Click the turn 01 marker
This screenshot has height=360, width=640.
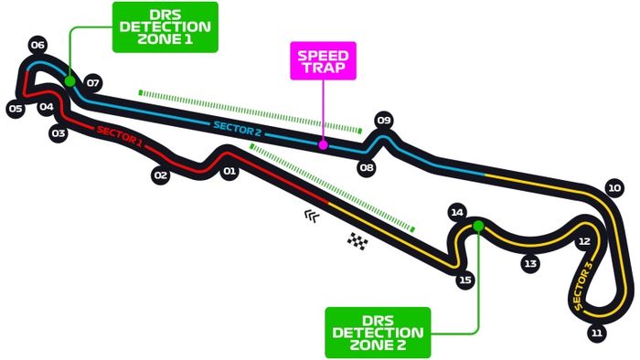point(229,171)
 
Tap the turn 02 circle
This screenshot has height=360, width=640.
point(161,175)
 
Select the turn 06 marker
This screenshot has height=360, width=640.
point(37,44)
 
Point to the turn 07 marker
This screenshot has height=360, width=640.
point(92,83)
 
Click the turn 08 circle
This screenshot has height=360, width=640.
point(367,168)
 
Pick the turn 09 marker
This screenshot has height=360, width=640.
point(384,120)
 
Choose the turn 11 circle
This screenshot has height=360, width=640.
point(597,333)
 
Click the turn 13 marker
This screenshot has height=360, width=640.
point(529,263)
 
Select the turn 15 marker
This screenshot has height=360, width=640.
point(465,281)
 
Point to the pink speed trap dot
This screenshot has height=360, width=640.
point(322,143)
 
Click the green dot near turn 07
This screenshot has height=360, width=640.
point(69,80)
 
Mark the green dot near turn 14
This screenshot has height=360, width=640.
point(477,224)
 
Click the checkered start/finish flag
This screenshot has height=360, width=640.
point(357,241)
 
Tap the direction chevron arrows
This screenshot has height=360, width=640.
point(313,216)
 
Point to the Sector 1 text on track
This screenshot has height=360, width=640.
point(119,136)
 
